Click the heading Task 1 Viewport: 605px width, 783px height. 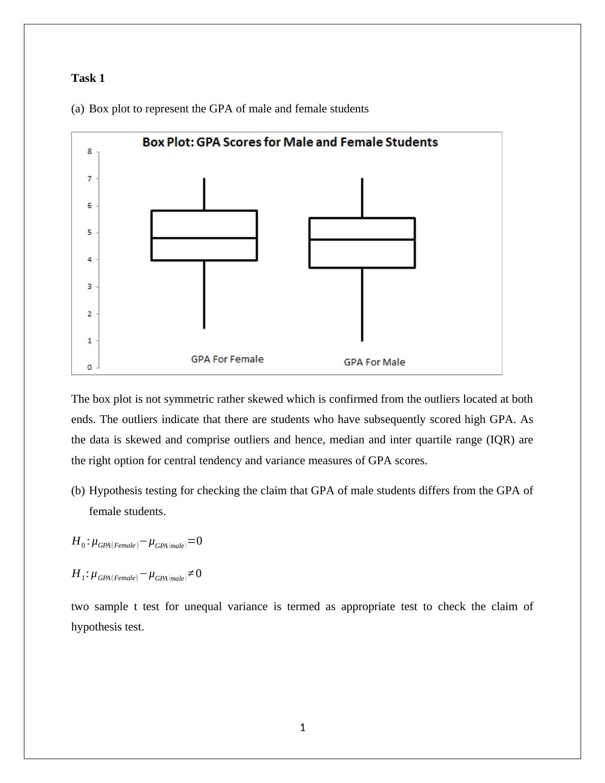[88, 78]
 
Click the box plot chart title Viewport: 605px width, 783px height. [290, 142]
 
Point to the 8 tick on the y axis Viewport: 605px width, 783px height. [90, 152]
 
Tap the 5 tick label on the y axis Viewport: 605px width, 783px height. [90, 233]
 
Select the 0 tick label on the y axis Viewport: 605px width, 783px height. [90, 367]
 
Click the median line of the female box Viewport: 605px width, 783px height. [204, 238]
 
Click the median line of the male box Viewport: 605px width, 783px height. [362, 239]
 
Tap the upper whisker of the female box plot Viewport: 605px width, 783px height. [204, 194]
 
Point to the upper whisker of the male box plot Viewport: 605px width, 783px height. [362, 198]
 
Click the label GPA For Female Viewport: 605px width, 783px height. [227, 359]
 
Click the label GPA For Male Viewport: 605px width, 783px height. [374, 363]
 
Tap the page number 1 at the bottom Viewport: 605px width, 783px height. [302, 728]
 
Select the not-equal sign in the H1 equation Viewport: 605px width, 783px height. [191, 574]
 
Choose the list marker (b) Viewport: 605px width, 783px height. [78, 491]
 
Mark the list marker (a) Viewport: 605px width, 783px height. [78, 109]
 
